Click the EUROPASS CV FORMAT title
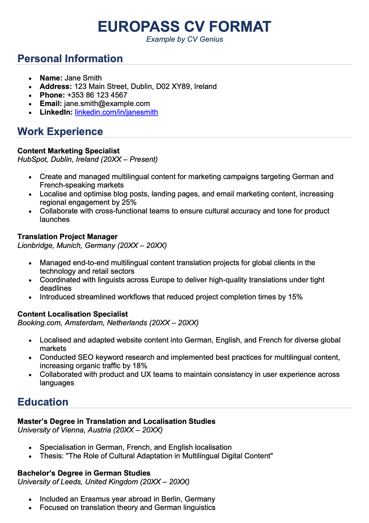[x=184, y=27]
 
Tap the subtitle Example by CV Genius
[x=184, y=39]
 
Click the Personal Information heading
[x=70, y=59]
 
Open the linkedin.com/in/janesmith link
[x=116, y=112]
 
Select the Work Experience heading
[x=60, y=131]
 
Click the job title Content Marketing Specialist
[x=69, y=151]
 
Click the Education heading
[x=43, y=402]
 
